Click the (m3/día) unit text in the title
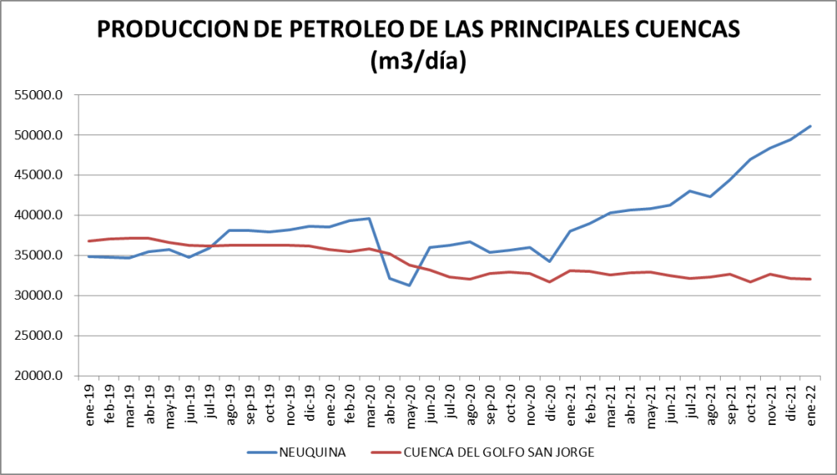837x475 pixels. point(418,61)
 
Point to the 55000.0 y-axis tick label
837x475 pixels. point(38,95)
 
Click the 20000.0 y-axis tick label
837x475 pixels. point(38,376)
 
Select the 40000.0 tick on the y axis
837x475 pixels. point(38,215)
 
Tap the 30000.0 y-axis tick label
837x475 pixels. point(38,296)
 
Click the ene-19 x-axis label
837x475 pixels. point(88,400)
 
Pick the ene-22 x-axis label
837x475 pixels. point(811,400)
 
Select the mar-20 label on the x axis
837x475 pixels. point(369,400)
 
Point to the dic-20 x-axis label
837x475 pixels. point(550,400)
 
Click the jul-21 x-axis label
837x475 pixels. point(690,400)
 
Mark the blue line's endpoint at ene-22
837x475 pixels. point(811,126)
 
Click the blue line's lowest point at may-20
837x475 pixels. point(409,285)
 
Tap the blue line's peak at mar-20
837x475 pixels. point(369,219)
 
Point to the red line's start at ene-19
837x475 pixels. point(88,241)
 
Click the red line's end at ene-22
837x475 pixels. point(811,279)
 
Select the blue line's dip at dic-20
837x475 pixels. point(550,261)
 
